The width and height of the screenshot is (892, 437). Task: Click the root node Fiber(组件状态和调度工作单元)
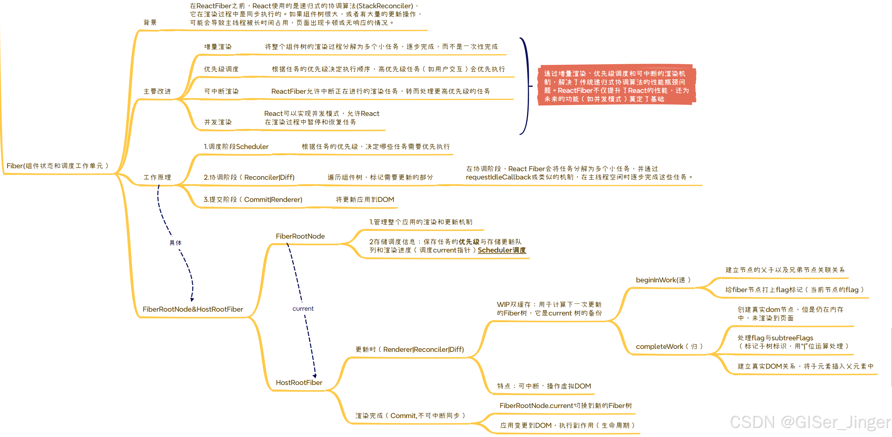click(57, 166)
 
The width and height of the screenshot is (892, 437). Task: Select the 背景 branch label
click(150, 22)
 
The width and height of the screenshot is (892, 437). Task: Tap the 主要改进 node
click(157, 91)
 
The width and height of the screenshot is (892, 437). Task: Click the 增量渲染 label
click(218, 47)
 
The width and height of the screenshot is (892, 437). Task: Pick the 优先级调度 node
click(221, 69)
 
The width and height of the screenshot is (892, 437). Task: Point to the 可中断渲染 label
click(221, 91)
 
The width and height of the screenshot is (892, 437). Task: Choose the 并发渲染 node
click(218, 122)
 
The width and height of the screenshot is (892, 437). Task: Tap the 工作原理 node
click(157, 177)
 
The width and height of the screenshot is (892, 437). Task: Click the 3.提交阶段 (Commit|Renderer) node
click(253, 200)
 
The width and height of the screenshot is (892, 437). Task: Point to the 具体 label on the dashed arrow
click(175, 243)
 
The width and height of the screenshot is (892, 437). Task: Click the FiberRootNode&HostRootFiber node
click(192, 309)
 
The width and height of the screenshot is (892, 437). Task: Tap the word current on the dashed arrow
click(303, 309)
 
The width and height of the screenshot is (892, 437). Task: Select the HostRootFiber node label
click(299, 383)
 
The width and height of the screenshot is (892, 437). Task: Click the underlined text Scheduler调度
click(501, 250)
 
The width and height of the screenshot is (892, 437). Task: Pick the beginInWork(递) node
click(663, 280)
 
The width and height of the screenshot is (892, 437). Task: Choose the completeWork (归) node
click(669, 347)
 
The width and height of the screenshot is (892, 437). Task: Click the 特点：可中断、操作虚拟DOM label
click(544, 386)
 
